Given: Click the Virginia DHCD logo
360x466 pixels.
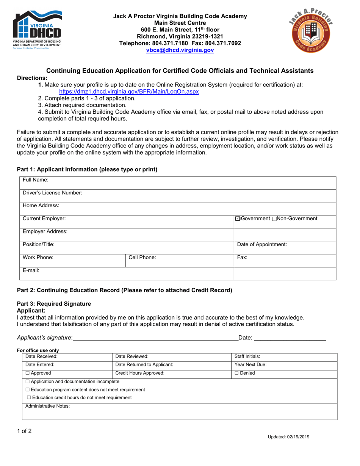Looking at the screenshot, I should pos(37,31).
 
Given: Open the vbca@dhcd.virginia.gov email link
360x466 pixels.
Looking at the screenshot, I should pos(180,50).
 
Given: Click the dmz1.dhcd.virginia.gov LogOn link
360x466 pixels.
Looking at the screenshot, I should pos(129,92).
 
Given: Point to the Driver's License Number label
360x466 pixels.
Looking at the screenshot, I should pos(52,193).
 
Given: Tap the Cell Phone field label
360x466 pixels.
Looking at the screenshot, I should pos(142,258).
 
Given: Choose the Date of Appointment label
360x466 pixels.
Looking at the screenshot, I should pos(262,244).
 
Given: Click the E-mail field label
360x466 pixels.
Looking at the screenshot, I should pos(31,271).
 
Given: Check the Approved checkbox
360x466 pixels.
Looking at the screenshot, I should pos(28,373).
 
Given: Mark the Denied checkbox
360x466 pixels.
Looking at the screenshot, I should pos(237,373).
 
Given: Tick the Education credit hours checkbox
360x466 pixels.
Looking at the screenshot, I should pos(28,397).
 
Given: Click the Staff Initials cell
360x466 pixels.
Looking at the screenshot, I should pos(247,357).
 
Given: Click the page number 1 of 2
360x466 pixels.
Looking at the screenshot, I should pos(24,431).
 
